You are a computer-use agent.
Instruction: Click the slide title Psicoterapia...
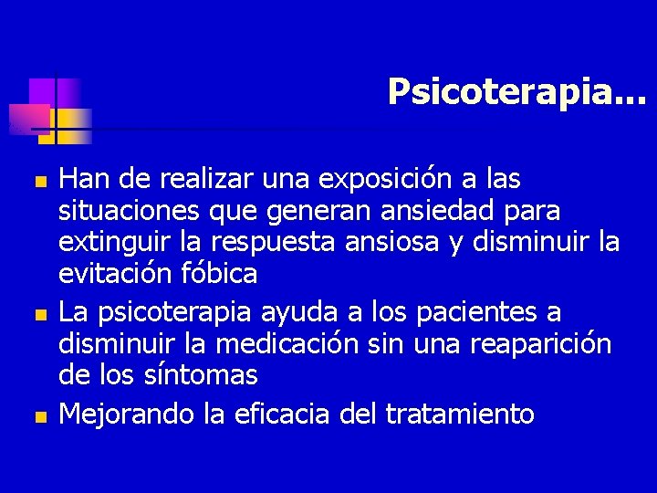(515, 92)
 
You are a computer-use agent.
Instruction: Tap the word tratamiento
(459, 414)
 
